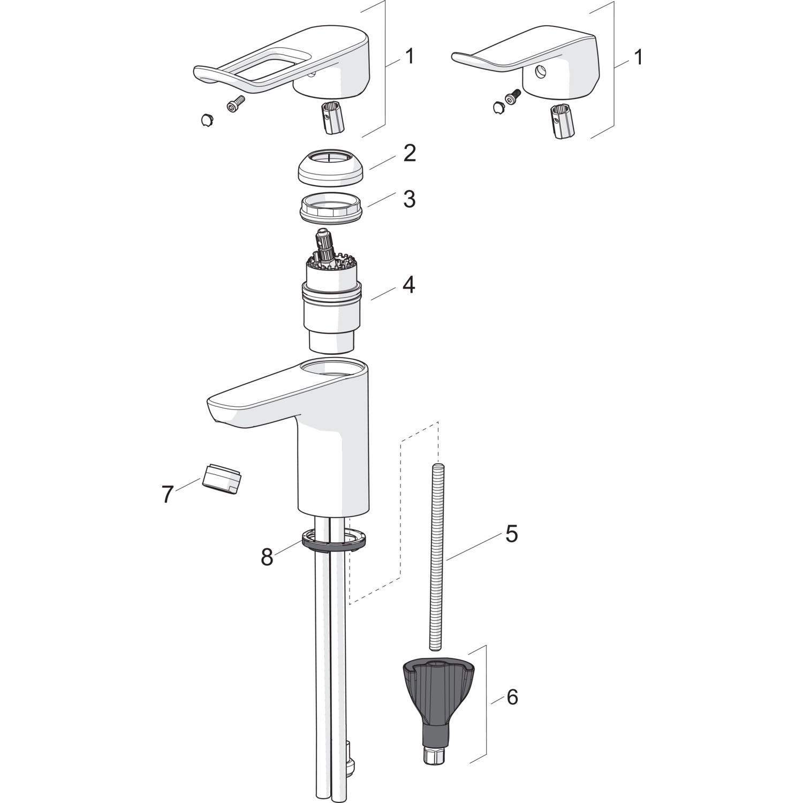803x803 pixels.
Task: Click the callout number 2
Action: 410,154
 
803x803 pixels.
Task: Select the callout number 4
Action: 409,284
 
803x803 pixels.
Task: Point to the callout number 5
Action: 511,533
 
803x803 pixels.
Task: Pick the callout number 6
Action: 512,697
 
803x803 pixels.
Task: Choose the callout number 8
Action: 267,557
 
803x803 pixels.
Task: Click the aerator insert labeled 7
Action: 222,476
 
